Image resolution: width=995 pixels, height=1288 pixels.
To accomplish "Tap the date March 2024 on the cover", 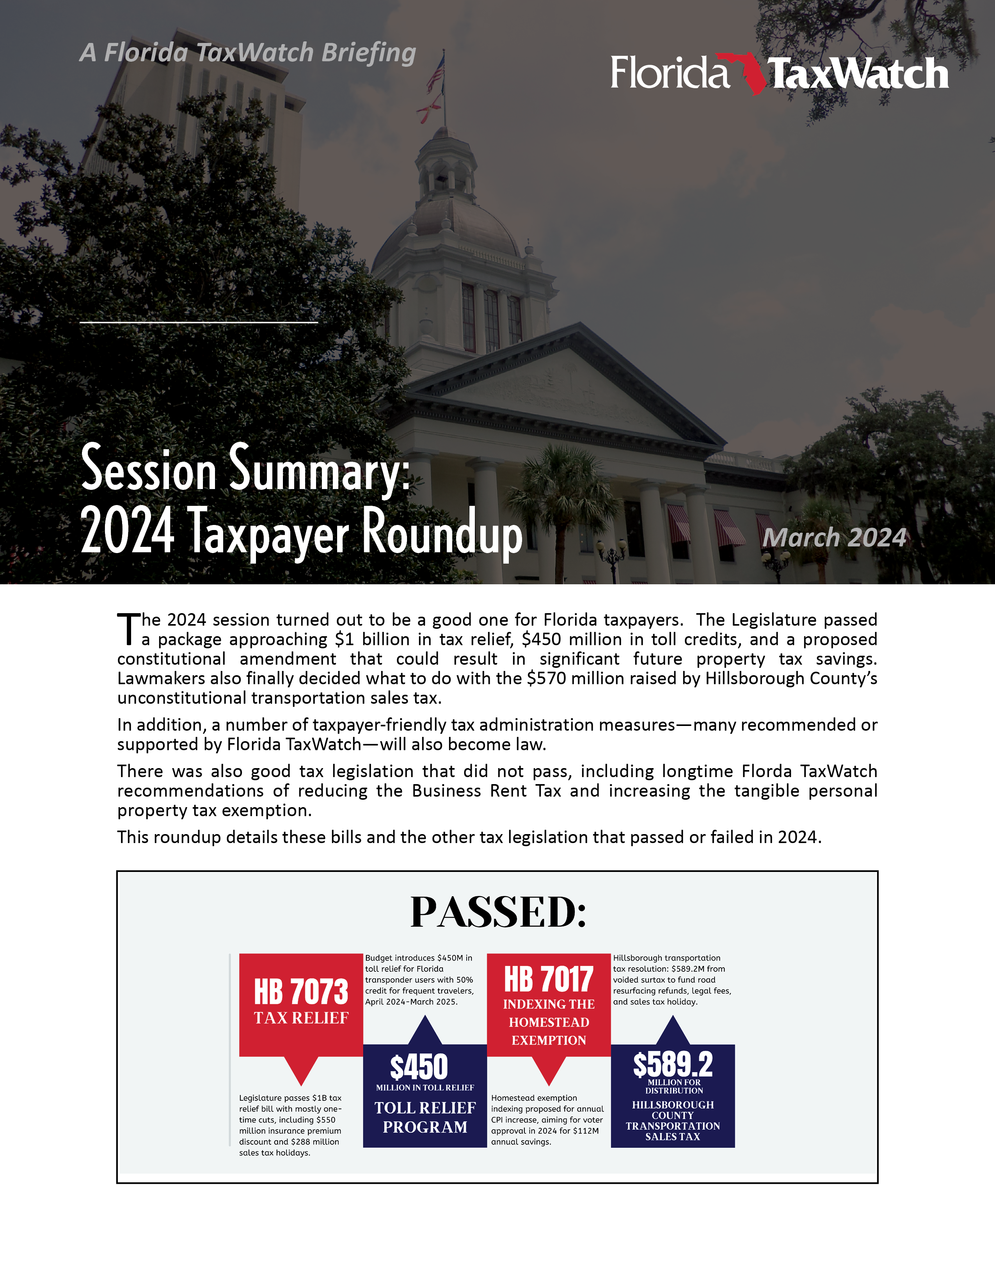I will [x=834, y=537].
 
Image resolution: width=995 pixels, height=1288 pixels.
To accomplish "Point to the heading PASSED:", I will [x=498, y=913].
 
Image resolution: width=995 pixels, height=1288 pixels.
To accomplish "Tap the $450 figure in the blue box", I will [x=419, y=1067].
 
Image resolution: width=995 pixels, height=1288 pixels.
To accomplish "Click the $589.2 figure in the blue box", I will [x=673, y=1064].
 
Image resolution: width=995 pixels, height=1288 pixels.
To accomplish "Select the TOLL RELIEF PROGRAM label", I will [x=425, y=1117].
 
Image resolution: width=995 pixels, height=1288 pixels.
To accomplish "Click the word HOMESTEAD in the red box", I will [x=549, y=1022].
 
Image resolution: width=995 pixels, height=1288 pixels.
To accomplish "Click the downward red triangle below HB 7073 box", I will [x=301, y=1069].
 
